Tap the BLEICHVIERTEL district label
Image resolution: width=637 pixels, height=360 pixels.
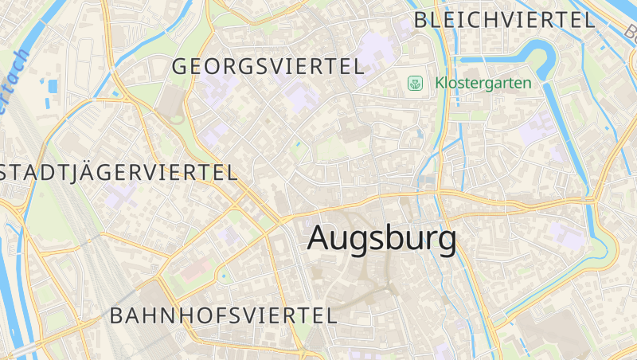[x=506, y=20]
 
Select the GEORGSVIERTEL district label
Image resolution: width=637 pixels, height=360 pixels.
[x=268, y=67]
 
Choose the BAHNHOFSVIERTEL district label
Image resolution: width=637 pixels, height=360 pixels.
[x=224, y=315]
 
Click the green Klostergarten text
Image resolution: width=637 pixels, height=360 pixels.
[x=483, y=83]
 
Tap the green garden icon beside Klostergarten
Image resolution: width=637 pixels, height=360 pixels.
[x=415, y=83]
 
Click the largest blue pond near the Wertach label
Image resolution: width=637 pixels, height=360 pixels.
[x=53, y=85]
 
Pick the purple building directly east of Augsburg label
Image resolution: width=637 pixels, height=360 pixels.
[x=567, y=235]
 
